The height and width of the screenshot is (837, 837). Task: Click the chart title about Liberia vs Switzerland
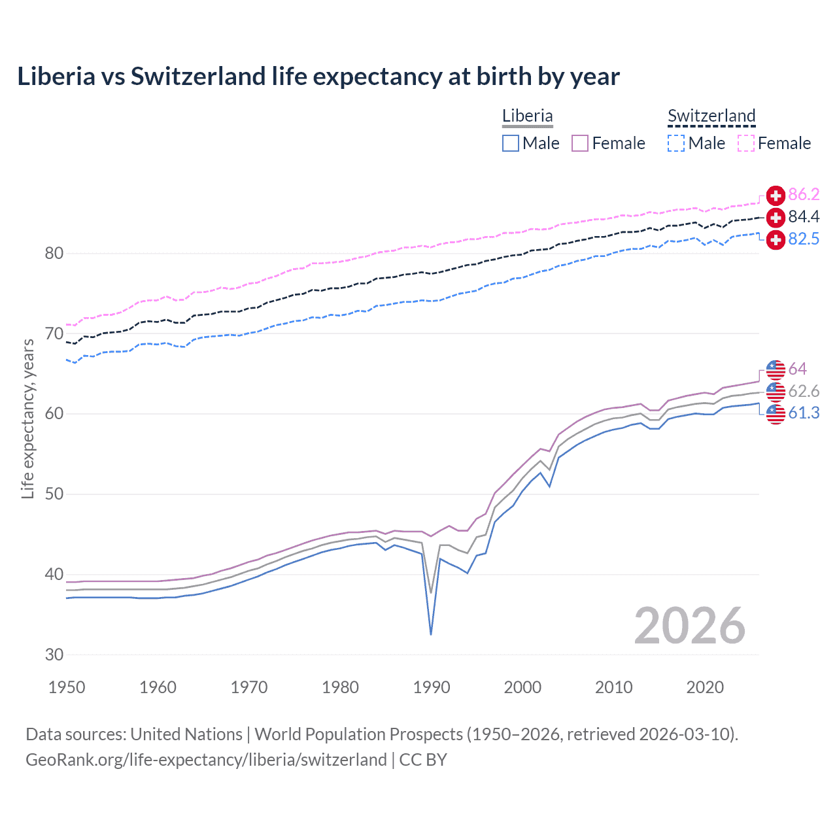pos(318,77)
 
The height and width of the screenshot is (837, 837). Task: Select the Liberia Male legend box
pos(511,143)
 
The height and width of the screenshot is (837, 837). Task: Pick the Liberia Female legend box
pos(580,143)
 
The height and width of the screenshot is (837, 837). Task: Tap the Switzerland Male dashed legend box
pos(676,143)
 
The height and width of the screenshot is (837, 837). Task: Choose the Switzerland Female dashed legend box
pos(746,143)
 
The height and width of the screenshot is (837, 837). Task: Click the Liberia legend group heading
pos(528,116)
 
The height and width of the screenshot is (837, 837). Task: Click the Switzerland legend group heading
pos(711,116)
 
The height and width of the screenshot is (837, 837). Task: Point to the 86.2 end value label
pos(804,194)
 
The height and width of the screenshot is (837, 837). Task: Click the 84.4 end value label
pos(804,216)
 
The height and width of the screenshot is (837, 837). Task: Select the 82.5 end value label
pos(804,239)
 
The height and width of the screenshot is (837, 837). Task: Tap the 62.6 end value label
pos(804,391)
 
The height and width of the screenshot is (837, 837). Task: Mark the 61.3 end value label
pos(804,413)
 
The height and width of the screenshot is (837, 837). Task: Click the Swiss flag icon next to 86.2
pos(776,195)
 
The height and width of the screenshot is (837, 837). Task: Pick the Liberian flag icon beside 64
pos(776,369)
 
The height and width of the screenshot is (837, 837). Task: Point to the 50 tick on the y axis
pos(54,494)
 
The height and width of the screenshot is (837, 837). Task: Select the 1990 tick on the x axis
pos(432,687)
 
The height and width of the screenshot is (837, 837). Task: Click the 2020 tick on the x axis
pos(705,687)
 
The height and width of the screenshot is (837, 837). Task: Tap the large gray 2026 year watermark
pos(690,626)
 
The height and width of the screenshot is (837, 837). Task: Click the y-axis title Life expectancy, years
pos(28,418)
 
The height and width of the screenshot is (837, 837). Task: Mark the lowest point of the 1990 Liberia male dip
pos(431,634)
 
